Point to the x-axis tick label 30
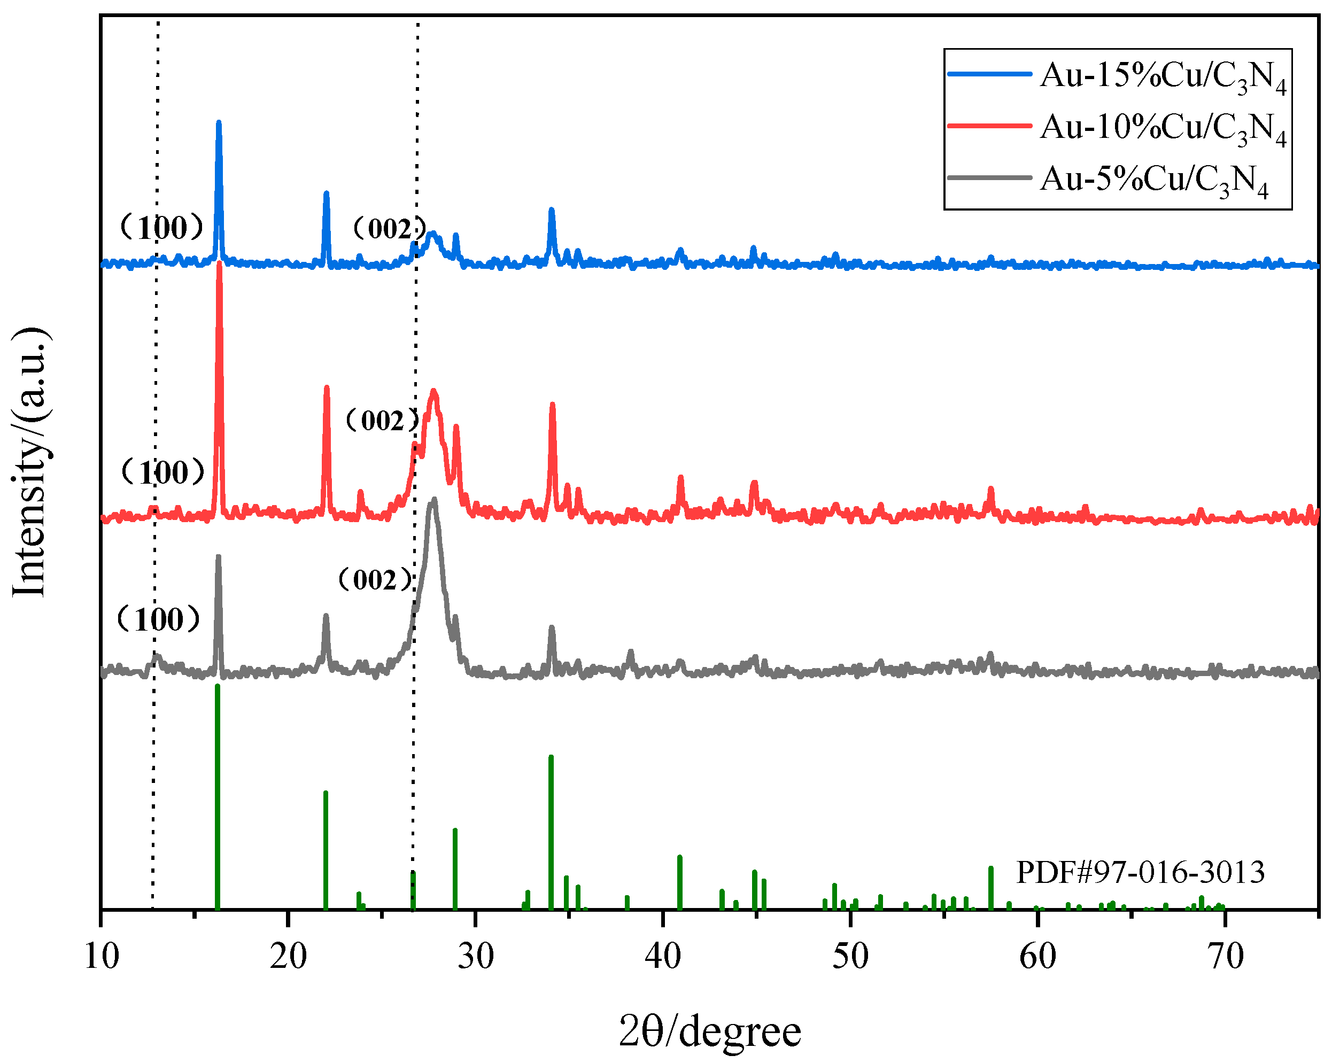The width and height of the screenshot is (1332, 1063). (x=476, y=957)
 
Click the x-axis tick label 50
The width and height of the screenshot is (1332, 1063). (x=850, y=957)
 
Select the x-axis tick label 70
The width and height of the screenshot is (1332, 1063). (x=1225, y=957)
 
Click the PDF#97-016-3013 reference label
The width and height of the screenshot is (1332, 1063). (x=1141, y=872)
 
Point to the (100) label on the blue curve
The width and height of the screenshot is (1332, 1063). (x=162, y=228)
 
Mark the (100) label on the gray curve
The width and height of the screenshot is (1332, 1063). (x=159, y=619)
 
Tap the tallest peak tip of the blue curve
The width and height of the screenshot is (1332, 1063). (x=219, y=123)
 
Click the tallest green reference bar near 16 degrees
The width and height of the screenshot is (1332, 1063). (x=218, y=687)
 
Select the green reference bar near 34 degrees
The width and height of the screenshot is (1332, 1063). (x=551, y=758)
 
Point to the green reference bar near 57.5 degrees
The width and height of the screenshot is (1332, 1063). (x=991, y=869)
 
